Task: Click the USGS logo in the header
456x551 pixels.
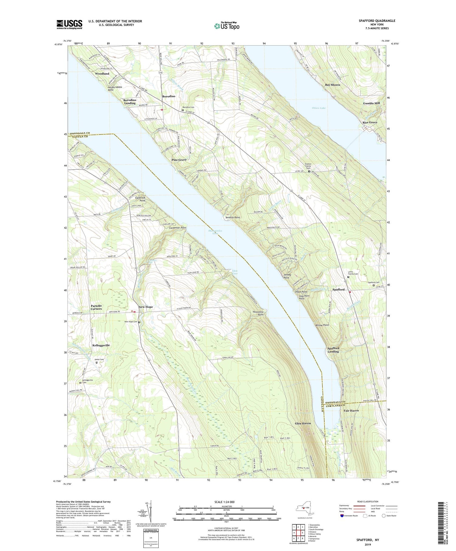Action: pyautogui.click(x=69, y=24)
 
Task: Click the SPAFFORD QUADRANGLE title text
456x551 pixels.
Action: pyautogui.click(x=377, y=21)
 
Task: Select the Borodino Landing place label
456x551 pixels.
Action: pyautogui.click(x=130, y=102)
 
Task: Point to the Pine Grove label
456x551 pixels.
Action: pyautogui.click(x=179, y=160)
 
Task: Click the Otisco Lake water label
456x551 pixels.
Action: pyautogui.click(x=319, y=108)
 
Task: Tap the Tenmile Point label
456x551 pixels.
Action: pyautogui.click(x=233, y=218)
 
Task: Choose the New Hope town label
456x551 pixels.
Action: pyautogui.click(x=146, y=307)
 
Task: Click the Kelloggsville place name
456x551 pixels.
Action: pyautogui.click(x=101, y=345)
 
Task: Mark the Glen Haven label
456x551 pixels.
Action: pyautogui.click(x=303, y=423)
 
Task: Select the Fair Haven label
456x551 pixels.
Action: pyautogui.click(x=351, y=411)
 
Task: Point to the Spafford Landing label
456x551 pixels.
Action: pyautogui.click(x=333, y=350)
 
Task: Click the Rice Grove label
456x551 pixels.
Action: pyautogui.click(x=370, y=122)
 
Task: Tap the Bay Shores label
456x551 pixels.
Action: pyautogui.click(x=333, y=85)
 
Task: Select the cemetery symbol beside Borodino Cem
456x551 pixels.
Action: pyautogui.click(x=183, y=110)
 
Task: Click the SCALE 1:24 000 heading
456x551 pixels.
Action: pyautogui.click(x=226, y=502)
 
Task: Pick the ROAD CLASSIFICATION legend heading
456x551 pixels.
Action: pyautogui.click(x=366, y=501)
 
